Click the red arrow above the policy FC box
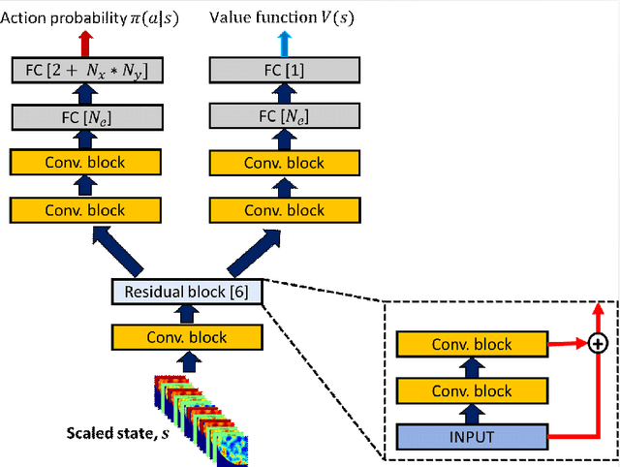pos(86,44)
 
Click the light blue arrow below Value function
pos(284,44)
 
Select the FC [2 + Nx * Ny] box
pos(87,70)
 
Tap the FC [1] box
pos(284,70)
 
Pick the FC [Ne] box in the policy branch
pos(87,117)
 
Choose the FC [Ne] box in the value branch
pos(284,116)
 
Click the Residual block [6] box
pos(187,292)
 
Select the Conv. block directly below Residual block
pos(187,337)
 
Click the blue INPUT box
pos(472,437)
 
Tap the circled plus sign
pos(598,343)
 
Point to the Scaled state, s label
pos(118,433)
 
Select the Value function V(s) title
pos(282,17)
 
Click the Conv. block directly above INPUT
pos(472,390)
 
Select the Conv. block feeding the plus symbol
pos(472,344)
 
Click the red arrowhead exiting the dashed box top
pos(599,308)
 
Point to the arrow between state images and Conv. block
pos(189,361)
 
